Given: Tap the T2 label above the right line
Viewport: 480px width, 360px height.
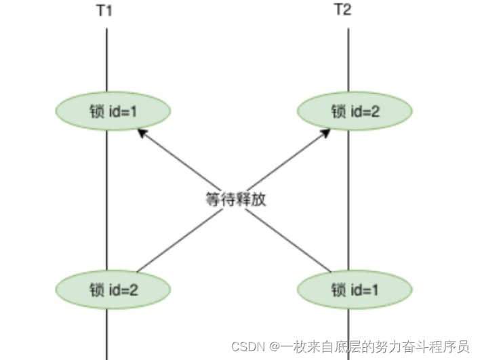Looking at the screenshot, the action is click(344, 10).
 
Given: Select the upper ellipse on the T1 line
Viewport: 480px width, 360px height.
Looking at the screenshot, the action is click(113, 111).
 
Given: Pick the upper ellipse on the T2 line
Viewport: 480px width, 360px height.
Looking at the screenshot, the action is click(355, 111).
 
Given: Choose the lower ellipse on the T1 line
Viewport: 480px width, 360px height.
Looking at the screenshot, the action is click(113, 289).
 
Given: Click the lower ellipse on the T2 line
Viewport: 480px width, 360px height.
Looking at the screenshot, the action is click(355, 289).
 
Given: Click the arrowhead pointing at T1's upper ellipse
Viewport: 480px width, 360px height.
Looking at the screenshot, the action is click(141, 133).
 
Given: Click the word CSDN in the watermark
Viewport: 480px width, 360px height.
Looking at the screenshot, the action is click(247, 346).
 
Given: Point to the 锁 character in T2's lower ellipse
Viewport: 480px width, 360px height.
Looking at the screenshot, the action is click(338, 289).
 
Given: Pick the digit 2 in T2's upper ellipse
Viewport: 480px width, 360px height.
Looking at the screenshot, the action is click(376, 111).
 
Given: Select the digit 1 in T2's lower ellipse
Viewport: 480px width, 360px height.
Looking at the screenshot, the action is click(375, 289).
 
